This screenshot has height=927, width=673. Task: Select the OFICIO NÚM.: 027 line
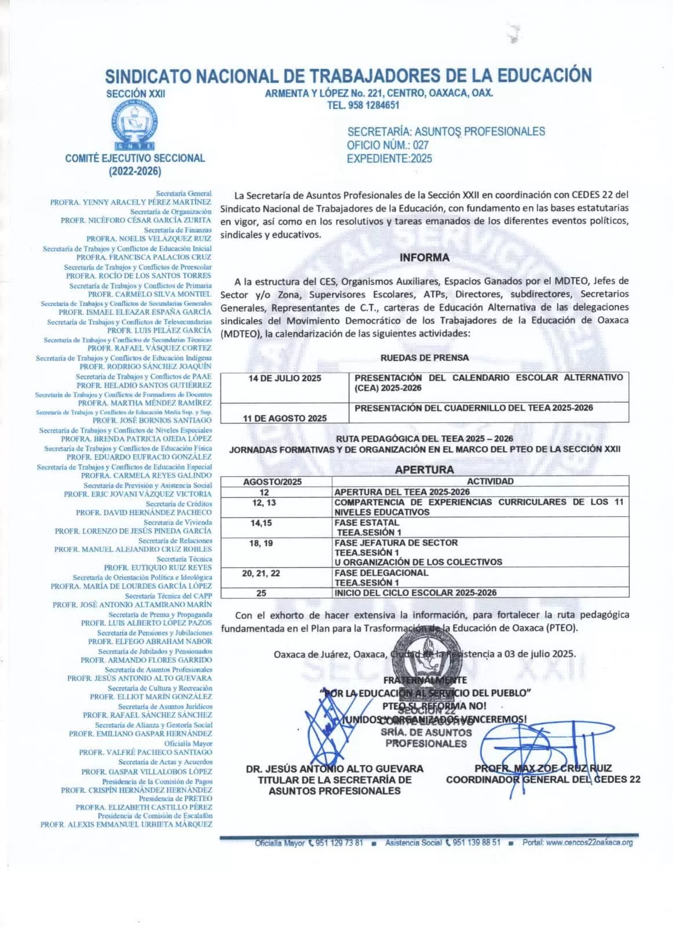[387, 145]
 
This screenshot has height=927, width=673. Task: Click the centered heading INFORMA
[424, 257]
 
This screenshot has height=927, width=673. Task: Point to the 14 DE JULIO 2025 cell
[284, 378]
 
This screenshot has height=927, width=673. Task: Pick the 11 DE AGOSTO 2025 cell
[284, 418]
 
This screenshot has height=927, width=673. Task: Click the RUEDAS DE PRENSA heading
[425, 358]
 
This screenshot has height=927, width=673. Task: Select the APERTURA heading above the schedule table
[424, 469]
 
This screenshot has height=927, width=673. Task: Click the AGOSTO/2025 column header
[272, 481]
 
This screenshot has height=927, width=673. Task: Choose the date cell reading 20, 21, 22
[261, 573]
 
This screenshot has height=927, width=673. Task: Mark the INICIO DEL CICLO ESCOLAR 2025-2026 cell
[415, 593]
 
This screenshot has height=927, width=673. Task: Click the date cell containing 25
[261, 593]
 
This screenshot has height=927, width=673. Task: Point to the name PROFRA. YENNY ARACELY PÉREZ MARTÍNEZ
[130, 202]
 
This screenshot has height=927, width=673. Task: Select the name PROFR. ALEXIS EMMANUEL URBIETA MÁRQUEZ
[126, 824]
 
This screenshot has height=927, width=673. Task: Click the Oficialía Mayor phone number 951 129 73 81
[339, 842]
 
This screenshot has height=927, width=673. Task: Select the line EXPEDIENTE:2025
[389, 158]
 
